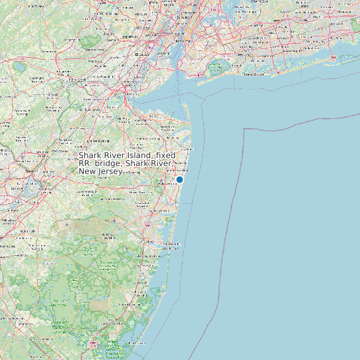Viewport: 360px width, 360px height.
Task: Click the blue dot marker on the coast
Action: [179, 179]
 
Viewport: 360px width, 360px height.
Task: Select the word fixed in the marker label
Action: [161, 155]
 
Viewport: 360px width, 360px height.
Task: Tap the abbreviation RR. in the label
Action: [87, 163]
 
